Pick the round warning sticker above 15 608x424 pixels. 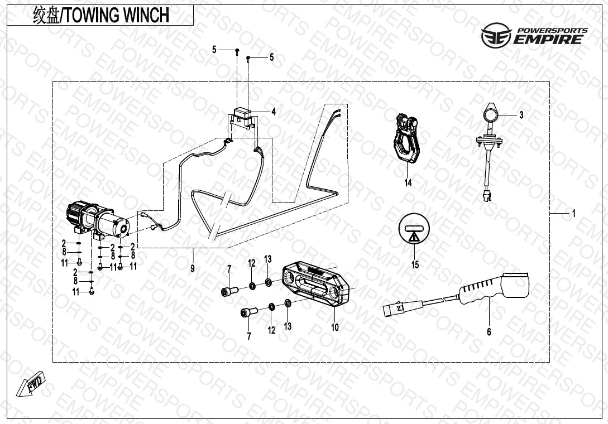(x=414, y=230)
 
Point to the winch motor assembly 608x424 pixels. (x=98, y=220)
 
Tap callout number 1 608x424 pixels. (x=573, y=214)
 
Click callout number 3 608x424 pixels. (x=521, y=115)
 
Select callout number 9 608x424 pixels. (x=193, y=268)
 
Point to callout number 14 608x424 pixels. (x=408, y=182)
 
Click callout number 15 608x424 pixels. (x=415, y=265)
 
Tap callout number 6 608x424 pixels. (x=489, y=332)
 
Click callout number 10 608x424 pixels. (x=335, y=327)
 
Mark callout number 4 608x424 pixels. (x=274, y=112)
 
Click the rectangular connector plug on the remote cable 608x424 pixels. (x=395, y=309)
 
